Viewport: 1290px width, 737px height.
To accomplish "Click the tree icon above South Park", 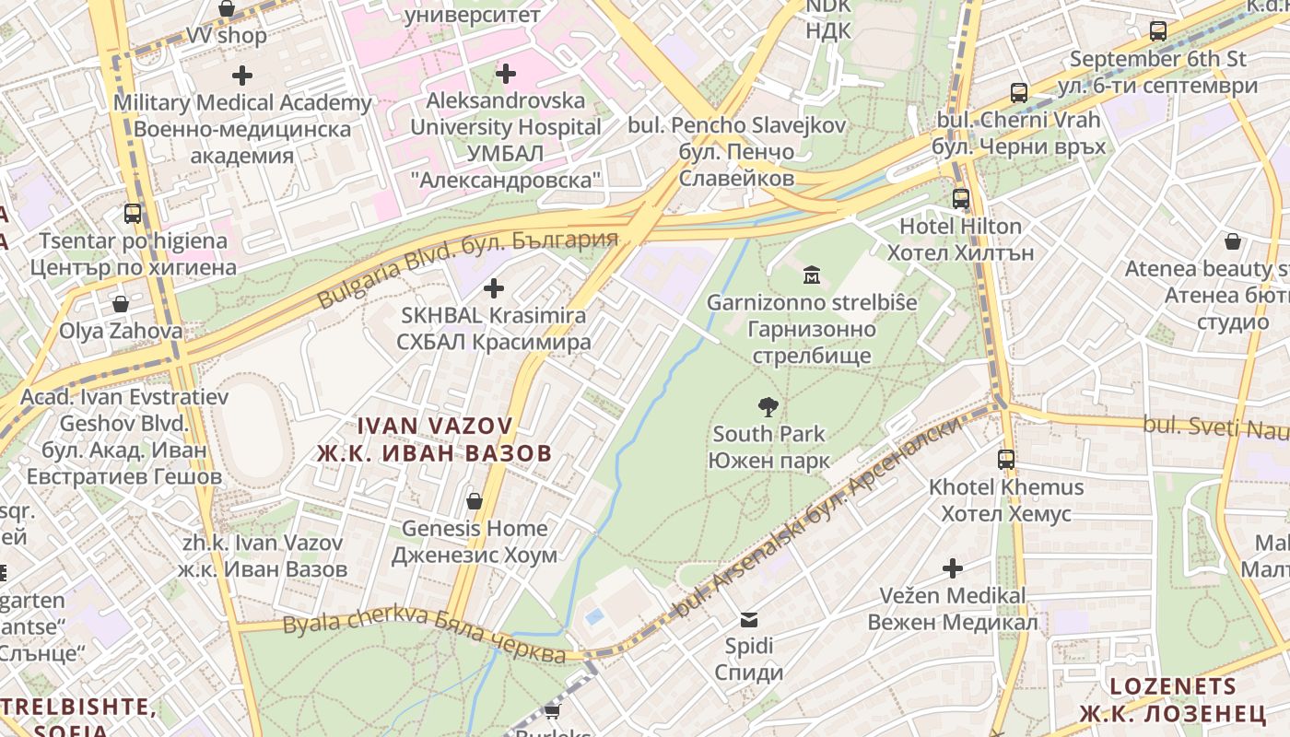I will [767, 406].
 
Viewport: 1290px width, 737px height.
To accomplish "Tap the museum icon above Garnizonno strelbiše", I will [812, 275].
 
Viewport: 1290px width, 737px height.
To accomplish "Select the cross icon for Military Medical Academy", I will [242, 75].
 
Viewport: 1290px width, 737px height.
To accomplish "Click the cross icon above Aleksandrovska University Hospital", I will [505, 73].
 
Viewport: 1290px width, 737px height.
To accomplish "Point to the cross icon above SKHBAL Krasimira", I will [494, 288].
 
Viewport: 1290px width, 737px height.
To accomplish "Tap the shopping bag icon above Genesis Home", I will [474, 501].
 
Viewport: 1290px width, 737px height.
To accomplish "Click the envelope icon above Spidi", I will [748, 619].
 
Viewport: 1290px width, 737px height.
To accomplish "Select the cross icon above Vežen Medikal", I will [953, 568].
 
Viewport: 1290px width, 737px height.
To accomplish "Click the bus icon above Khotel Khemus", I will [1006, 459].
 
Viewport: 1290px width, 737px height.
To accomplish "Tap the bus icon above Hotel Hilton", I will [961, 198].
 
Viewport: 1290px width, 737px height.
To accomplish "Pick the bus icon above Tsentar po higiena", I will [133, 214].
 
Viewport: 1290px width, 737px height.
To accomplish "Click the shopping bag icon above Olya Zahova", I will [121, 303].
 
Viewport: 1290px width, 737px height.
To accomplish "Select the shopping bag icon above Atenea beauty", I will [1233, 241].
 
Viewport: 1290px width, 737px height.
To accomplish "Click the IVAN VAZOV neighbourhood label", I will [434, 439].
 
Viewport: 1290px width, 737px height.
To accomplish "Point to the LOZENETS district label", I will [1173, 699].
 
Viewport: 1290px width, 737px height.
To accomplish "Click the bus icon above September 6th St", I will [1158, 31].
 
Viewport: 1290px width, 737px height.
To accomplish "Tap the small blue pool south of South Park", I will [595, 614].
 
